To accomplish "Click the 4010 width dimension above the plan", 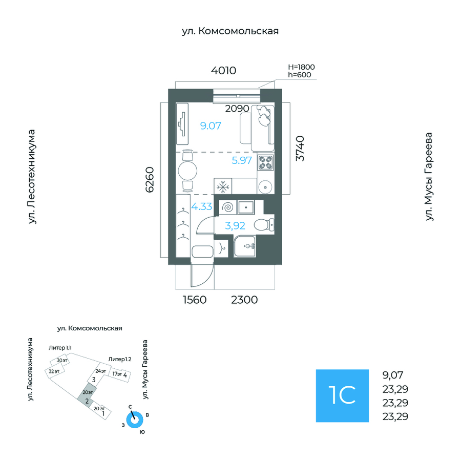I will pos(224,71).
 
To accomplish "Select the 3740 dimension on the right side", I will pos(300,149).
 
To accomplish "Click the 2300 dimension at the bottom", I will pos(244,300).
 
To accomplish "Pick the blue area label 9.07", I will pos(211,125).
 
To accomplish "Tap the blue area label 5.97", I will pos(242,160).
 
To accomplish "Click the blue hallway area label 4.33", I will pos(202,207).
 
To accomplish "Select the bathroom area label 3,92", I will pos(236,224).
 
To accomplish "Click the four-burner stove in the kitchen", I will pos(265,163).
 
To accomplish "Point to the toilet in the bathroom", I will pos(265,224).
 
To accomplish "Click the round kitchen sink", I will pos(265,186).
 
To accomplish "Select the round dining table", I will pos(187,170).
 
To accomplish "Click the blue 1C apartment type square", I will pos(342,395).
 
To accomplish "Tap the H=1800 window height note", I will pos(301,67).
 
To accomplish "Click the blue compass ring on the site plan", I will pos(135,420).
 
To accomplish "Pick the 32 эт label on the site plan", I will pos(54,371).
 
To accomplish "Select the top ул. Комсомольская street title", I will pos(230,31).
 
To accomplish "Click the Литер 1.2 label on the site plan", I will pos(119,359).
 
